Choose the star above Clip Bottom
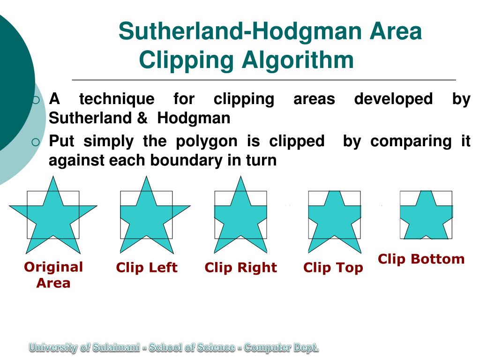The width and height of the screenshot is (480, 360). pyautogui.click(x=426, y=216)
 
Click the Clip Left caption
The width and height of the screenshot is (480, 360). pyautogui.click(x=147, y=268)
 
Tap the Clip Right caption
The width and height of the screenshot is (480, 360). pyautogui.click(x=241, y=268)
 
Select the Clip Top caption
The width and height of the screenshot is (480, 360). pyautogui.click(x=333, y=268)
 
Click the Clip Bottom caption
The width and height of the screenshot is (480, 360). pyautogui.click(x=421, y=259)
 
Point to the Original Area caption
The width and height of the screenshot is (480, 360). pyautogui.click(x=53, y=275)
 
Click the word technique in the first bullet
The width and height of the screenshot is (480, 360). pyautogui.click(x=116, y=99)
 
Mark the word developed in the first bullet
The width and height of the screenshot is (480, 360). pyautogui.click(x=393, y=99)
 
